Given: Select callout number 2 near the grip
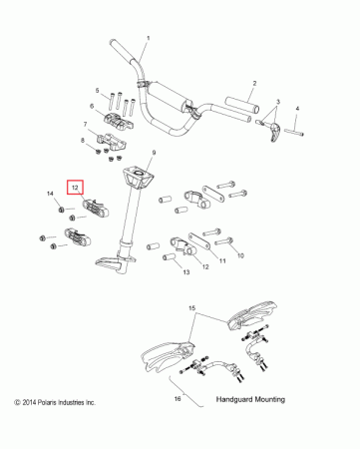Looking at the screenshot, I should coord(254,84).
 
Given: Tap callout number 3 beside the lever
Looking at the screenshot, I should coord(278,102).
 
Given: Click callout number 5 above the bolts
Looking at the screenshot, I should coord(98,91).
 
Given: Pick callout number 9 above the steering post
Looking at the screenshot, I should coord(154,152).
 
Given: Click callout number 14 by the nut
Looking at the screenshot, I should coord(51,193).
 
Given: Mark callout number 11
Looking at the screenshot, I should coord(222,260).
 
